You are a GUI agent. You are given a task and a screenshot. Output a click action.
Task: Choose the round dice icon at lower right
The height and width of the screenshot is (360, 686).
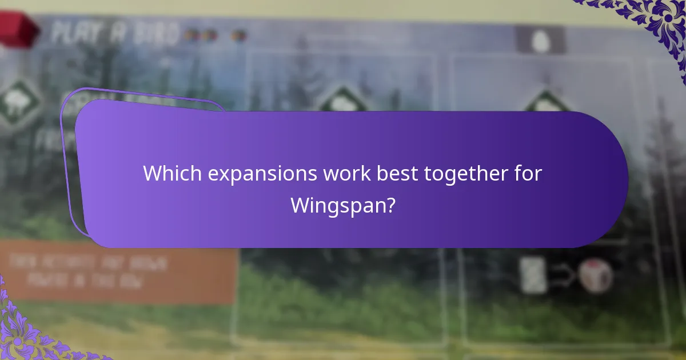click(595, 275)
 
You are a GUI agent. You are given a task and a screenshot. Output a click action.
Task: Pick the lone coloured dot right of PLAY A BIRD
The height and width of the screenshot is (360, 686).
click(240, 35)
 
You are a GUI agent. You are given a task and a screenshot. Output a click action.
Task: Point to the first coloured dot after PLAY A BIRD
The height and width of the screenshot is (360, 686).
click(192, 35)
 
